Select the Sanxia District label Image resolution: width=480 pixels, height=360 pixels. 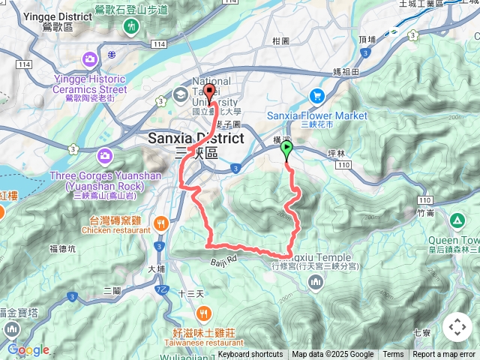(195, 139)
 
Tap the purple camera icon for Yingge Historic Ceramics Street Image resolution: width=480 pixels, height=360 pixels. (89, 58)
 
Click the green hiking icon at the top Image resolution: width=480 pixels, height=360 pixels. (132, 27)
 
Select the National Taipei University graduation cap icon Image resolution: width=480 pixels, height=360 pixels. (180, 95)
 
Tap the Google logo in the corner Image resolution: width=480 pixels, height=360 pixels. (28, 349)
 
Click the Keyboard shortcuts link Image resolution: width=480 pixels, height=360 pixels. (250, 355)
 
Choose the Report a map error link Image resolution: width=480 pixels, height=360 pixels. (444, 355)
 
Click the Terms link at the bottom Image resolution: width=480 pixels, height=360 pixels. (393, 355)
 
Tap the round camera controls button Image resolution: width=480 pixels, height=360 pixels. (457, 327)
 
